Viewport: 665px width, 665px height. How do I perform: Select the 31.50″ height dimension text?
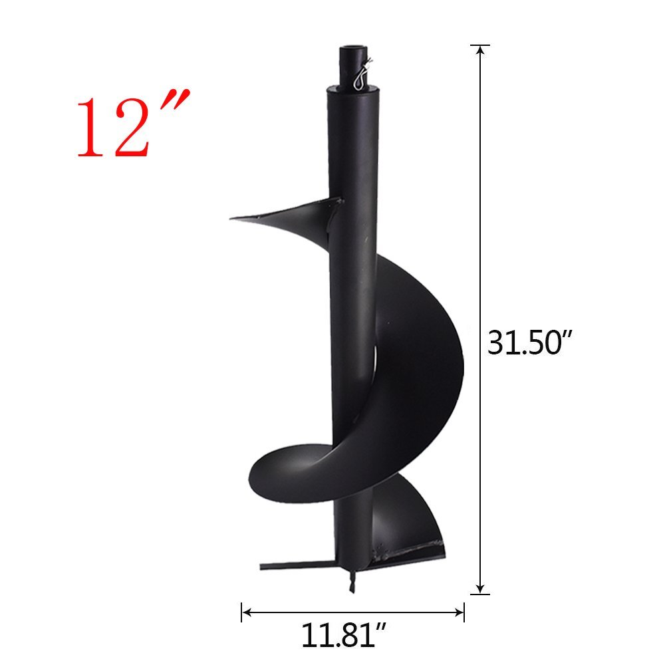(530, 343)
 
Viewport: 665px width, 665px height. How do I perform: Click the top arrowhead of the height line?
(479, 52)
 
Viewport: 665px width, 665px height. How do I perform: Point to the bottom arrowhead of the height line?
(479, 587)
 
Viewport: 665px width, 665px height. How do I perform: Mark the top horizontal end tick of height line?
(479, 45)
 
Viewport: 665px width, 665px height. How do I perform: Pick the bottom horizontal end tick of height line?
(479, 594)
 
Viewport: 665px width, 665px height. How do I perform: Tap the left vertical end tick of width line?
(241, 612)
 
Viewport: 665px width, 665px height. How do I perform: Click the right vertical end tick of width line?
(464, 612)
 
